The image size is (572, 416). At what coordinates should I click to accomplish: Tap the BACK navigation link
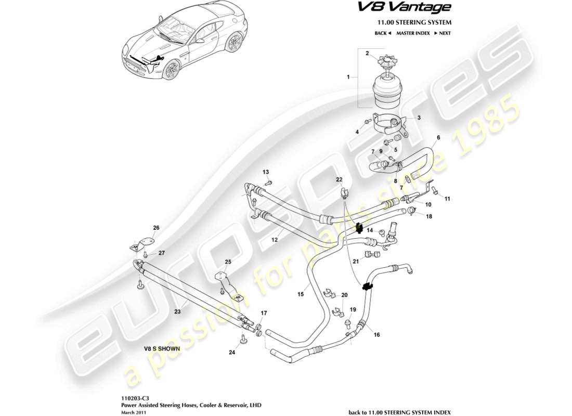click(382, 33)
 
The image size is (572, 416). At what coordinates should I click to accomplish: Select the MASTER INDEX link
click(413, 33)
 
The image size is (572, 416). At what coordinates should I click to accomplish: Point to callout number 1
click(347, 77)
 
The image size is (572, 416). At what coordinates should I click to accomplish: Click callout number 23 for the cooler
click(177, 312)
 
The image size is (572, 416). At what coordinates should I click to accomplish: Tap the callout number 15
click(300, 295)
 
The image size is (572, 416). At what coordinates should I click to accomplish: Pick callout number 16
click(376, 335)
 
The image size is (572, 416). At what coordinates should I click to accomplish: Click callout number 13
click(266, 172)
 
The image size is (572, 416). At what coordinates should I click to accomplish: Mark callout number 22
click(339, 179)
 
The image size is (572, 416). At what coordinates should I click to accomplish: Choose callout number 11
click(448, 199)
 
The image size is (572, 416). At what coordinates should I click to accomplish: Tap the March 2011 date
click(133, 410)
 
